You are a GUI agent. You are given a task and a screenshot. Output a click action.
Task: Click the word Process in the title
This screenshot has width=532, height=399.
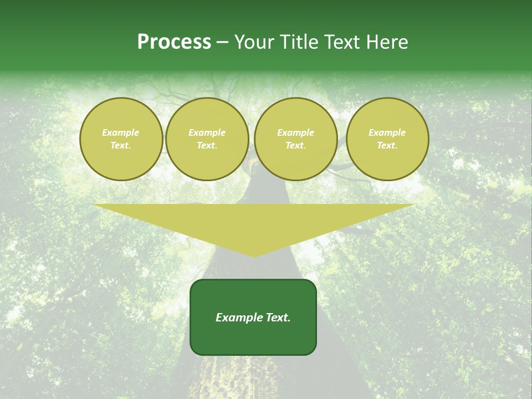coord(174,42)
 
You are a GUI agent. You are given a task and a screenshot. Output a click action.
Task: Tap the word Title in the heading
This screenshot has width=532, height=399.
coord(295,42)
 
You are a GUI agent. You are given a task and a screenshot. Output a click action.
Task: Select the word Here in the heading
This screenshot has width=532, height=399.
coord(386,42)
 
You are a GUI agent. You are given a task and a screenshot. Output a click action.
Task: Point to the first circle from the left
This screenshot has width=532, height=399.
coord(121,139)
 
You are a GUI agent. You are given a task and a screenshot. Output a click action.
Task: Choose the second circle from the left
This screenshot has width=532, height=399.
coord(207,139)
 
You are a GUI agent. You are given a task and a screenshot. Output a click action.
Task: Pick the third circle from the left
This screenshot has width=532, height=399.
coord(296,139)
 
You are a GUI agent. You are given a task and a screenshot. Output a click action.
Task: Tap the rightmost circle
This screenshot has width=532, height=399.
coord(387,139)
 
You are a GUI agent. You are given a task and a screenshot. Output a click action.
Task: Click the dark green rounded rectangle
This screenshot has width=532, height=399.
coord(253,338)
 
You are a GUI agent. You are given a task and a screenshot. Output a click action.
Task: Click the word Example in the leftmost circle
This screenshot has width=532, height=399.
coord(121,132)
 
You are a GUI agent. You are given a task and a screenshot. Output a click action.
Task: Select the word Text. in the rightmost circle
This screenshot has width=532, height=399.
coord(387,146)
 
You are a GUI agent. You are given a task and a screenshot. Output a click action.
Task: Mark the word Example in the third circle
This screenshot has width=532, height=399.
coord(296,132)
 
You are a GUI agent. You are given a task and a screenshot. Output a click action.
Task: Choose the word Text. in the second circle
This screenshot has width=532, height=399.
coord(207,146)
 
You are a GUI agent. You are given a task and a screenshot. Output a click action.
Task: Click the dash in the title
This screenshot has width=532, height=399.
coord(222,43)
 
